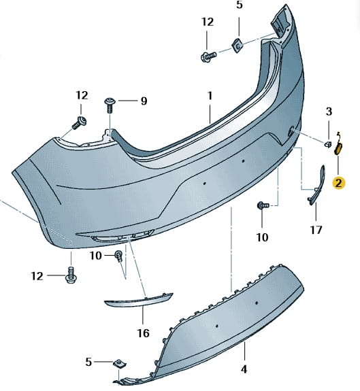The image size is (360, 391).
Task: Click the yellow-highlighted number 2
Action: (338, 184)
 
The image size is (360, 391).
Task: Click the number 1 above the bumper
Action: (210, 96)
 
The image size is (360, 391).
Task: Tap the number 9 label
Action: (144, 101)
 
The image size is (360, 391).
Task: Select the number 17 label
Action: (316, 230)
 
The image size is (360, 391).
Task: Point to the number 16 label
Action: (143, 333)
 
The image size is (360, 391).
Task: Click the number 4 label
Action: (244, 369)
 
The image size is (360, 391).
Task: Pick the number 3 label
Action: (329, 112)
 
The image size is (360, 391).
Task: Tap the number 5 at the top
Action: (240, 5)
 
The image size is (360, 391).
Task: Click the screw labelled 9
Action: (110, 105)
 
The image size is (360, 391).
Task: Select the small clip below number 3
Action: (327, 144)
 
